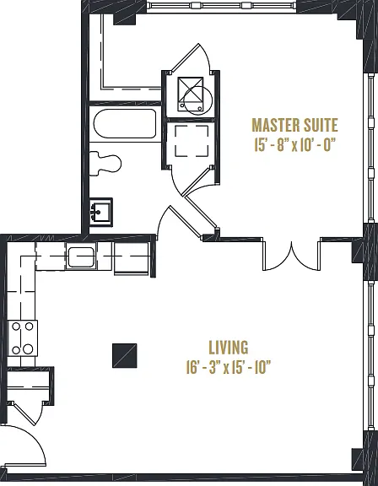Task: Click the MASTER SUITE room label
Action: pos(295,125)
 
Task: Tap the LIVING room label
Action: pos(229,348)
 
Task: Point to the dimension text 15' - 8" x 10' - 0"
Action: pos(295,145)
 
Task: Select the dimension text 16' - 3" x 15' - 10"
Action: pos(229,367)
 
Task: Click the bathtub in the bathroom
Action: pos(124,124)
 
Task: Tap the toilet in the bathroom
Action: pos(105,164)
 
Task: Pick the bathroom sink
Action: pos(100,212)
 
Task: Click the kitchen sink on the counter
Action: pos(81,256)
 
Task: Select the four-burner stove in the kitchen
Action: pos(22,337)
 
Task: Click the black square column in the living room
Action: pos(124,355)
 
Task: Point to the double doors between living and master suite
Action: pos(292,254)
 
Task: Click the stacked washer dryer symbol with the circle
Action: pos(193,95)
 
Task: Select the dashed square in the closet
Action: pos(192,141)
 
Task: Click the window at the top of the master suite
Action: pos(221,5)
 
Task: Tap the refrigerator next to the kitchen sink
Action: pos(132,258)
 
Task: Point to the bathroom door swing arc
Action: pos(163,222)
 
